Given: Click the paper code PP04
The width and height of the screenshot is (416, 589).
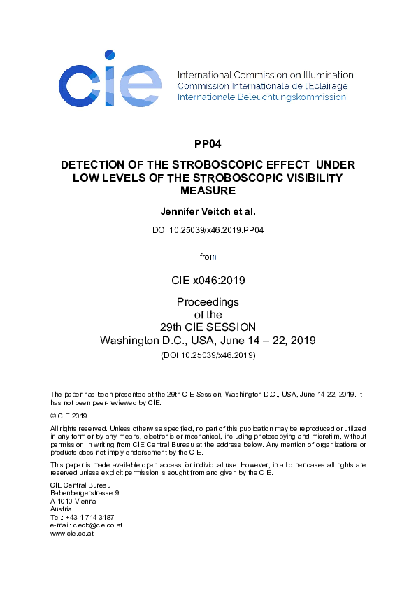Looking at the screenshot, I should pyautogui.click(x=208, y=145).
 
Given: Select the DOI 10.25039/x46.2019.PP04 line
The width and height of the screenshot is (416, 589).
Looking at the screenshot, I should pyautogui.click(x=208, y=229).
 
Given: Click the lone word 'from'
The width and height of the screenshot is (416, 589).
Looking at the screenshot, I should pyautogui.click(x=208, y=257).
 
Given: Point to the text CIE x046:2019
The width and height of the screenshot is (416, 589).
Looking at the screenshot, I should pyautogui.click(x=208, y=281).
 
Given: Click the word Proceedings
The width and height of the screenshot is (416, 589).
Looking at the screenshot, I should pyautogui.click(x=208, y=302).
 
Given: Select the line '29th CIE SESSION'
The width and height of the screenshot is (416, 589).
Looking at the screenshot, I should pyautogui.click(x=208, y=327).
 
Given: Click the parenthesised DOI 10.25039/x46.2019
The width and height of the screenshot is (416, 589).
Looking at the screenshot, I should pyautogui.click(x=208, y=355).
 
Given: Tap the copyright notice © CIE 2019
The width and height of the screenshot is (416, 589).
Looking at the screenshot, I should pyautogui.click(x=69, y=416).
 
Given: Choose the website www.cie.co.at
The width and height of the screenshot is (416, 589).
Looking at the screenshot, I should pyautogui.click(x=73, y=533).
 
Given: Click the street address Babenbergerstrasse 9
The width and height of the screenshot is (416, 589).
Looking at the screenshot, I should pyautogui.click(x=85, y=493).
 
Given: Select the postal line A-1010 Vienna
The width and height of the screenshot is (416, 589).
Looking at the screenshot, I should pyautogui.click(x=73, y=501).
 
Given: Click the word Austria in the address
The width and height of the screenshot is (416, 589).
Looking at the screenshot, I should pyautogui.click(x=62, y=509).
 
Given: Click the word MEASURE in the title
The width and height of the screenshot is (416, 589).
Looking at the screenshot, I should pyautogui.click(x=208, y=190).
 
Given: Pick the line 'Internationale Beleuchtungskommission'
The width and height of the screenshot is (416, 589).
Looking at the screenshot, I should pyautogui.click(x=261, y=97).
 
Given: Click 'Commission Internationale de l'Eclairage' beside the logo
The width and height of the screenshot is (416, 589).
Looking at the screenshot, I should pyautogui.click(x=262, y=86).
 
